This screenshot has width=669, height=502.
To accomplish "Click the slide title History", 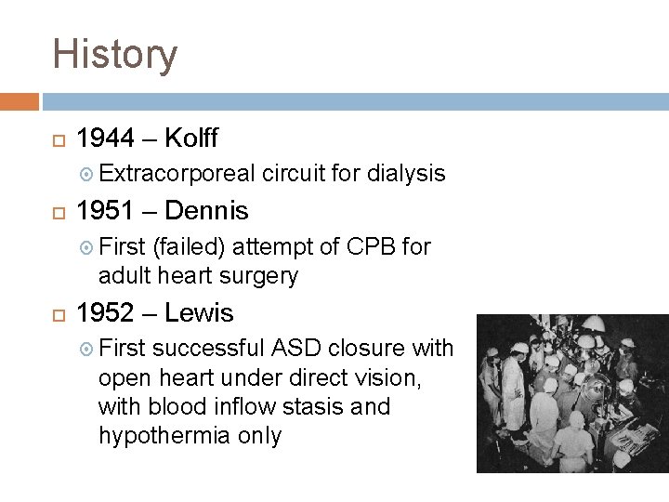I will coord(114,54).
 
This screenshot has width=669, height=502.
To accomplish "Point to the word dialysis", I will coord(406,174).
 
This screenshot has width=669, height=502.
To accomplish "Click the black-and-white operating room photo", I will coord(571,393).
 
